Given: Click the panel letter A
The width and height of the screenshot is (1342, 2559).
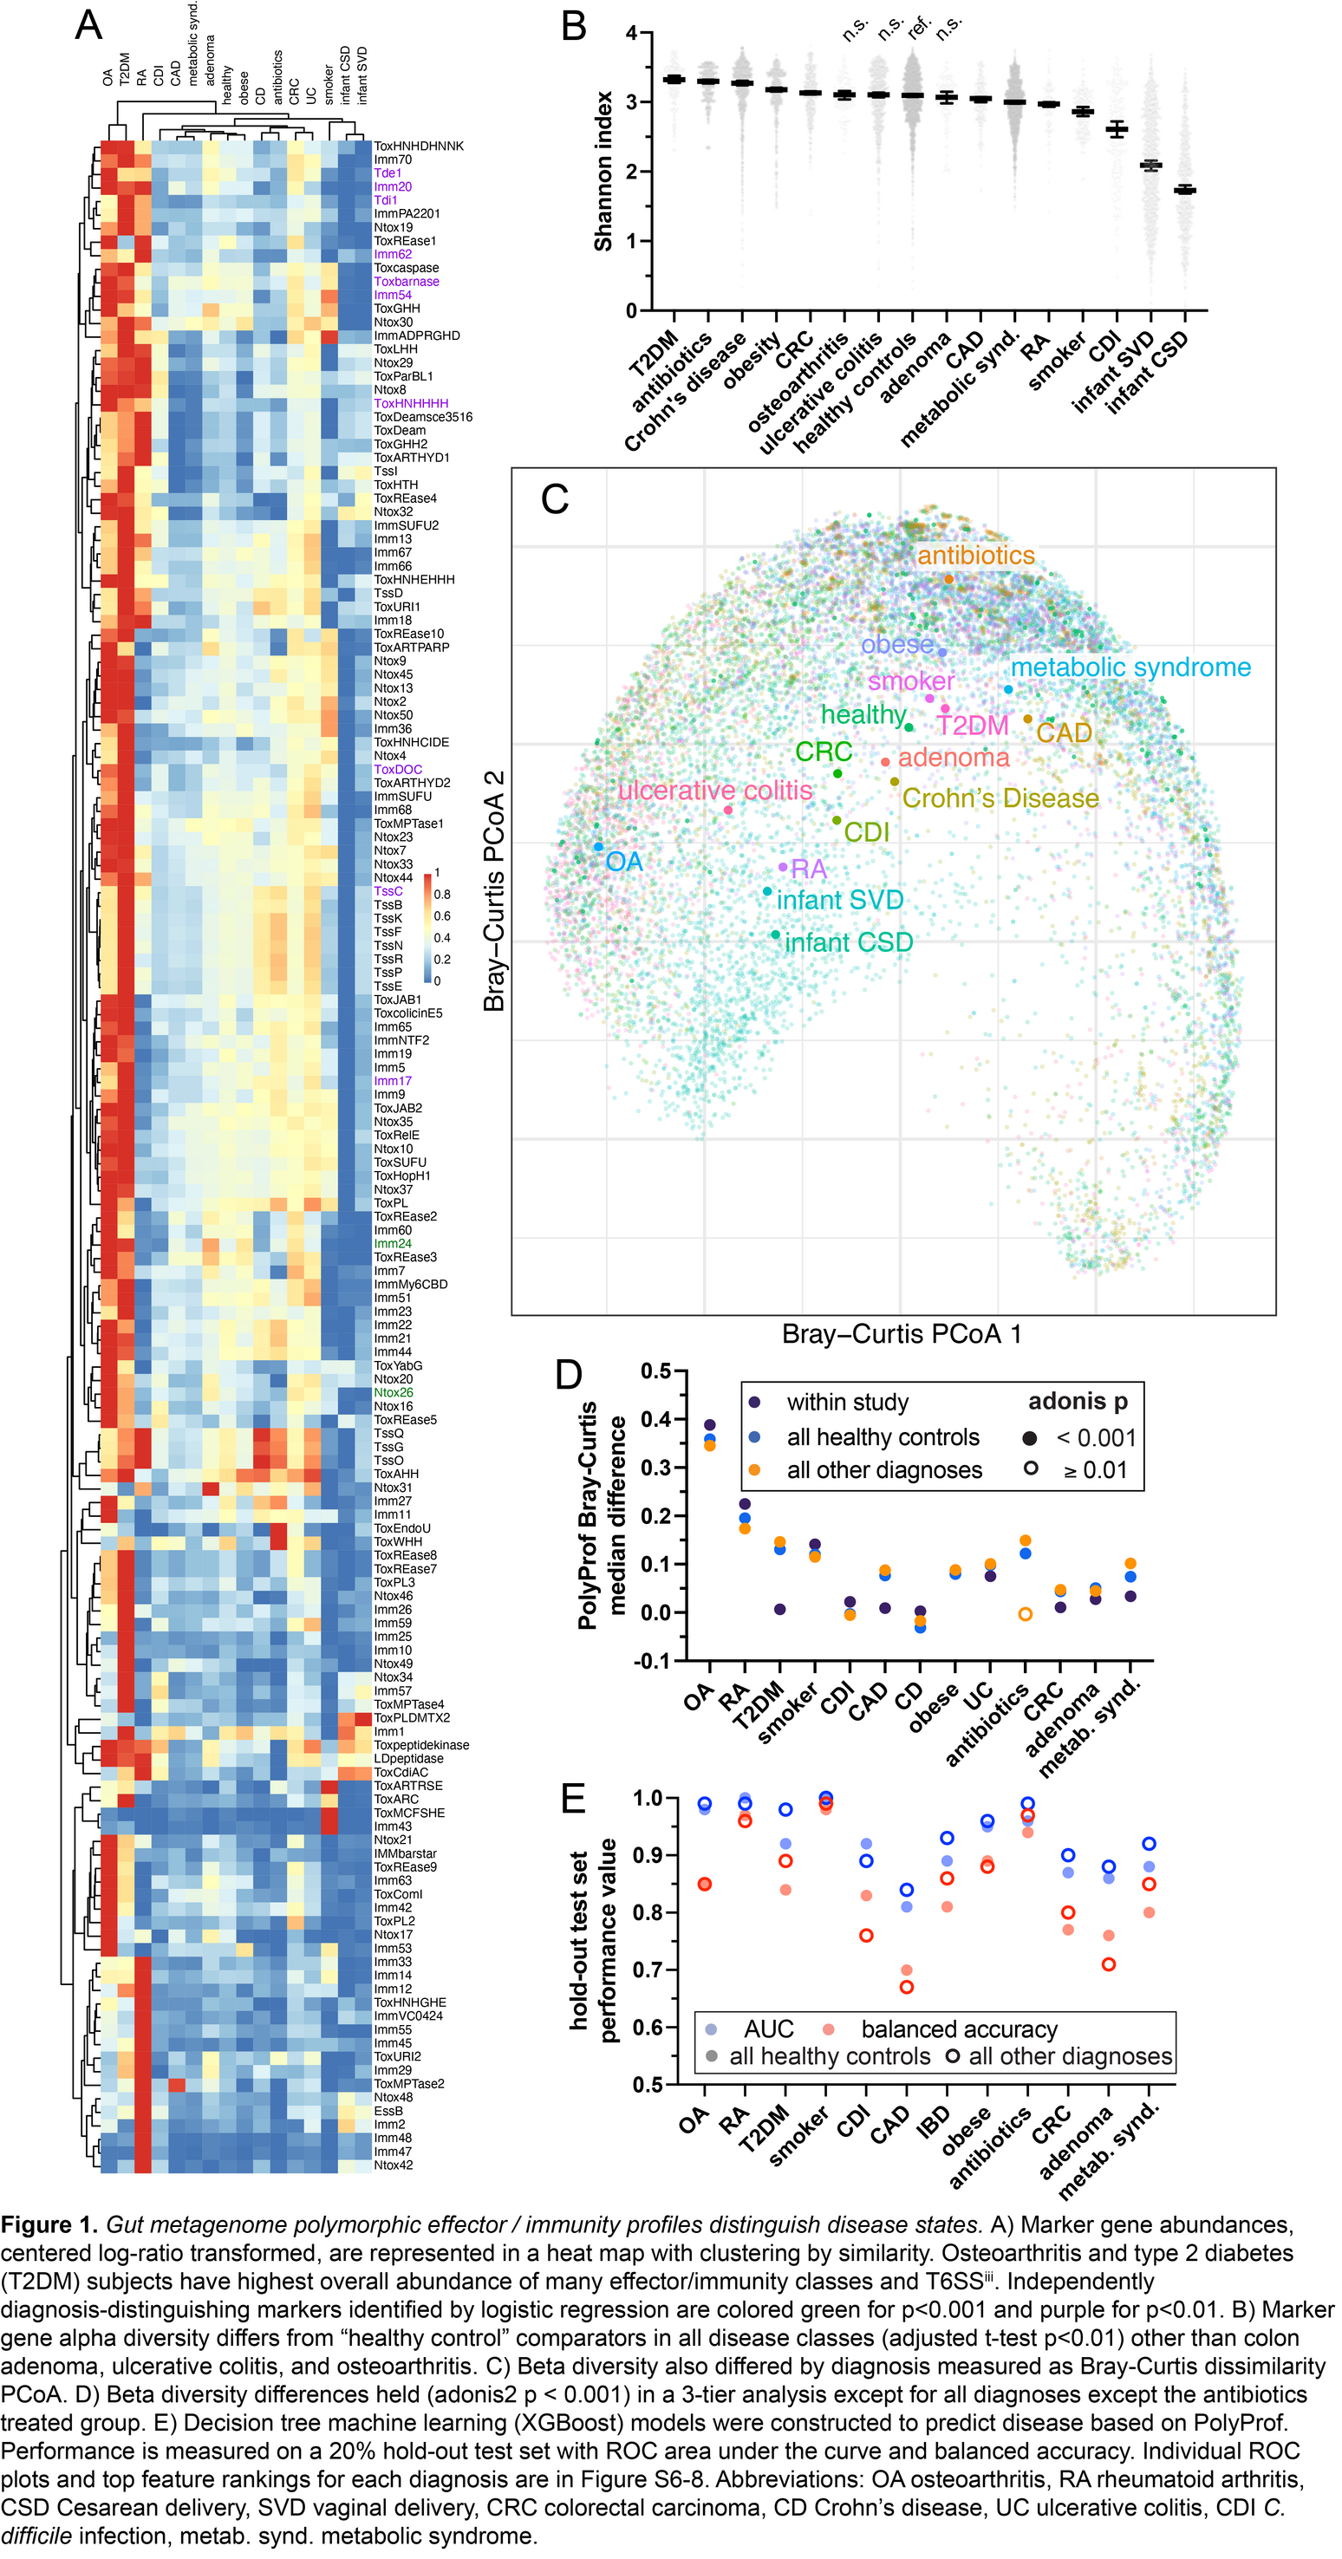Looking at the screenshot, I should click(x=88, y=25).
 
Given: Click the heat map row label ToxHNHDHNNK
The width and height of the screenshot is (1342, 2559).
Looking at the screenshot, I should click(x=418, y=146).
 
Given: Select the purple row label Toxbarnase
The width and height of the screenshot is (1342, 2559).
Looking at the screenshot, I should click(x=407, y=282).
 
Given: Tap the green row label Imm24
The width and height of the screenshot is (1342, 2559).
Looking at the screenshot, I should click(x=393, y=1244).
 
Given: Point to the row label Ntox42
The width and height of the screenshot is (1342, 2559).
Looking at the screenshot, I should click(x=394, y=2165).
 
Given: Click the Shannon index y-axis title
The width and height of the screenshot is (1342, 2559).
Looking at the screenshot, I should click(x=603, y=171).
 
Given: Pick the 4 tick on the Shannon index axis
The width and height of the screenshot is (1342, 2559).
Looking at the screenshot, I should click(x=632, y=33).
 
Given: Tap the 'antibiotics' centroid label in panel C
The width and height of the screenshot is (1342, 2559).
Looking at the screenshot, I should click(x=975, y=556).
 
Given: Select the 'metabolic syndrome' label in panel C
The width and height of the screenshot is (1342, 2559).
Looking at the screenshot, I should click(x=1130, y=667).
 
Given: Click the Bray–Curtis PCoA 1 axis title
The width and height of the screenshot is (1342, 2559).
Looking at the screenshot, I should click(x=901, y=1334).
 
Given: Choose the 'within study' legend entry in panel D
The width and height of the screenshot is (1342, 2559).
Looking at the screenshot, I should click(x=847, y=1402).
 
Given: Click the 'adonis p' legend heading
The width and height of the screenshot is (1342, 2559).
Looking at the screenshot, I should click(x=1078, y=1401).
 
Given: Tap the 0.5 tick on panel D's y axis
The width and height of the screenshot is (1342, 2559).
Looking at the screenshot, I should click(x=655, y=1372).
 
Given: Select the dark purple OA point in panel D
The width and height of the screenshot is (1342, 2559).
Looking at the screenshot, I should click(x=709, y=1424).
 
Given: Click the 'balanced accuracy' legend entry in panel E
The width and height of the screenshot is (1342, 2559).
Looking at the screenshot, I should click(x=959, y=2029).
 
